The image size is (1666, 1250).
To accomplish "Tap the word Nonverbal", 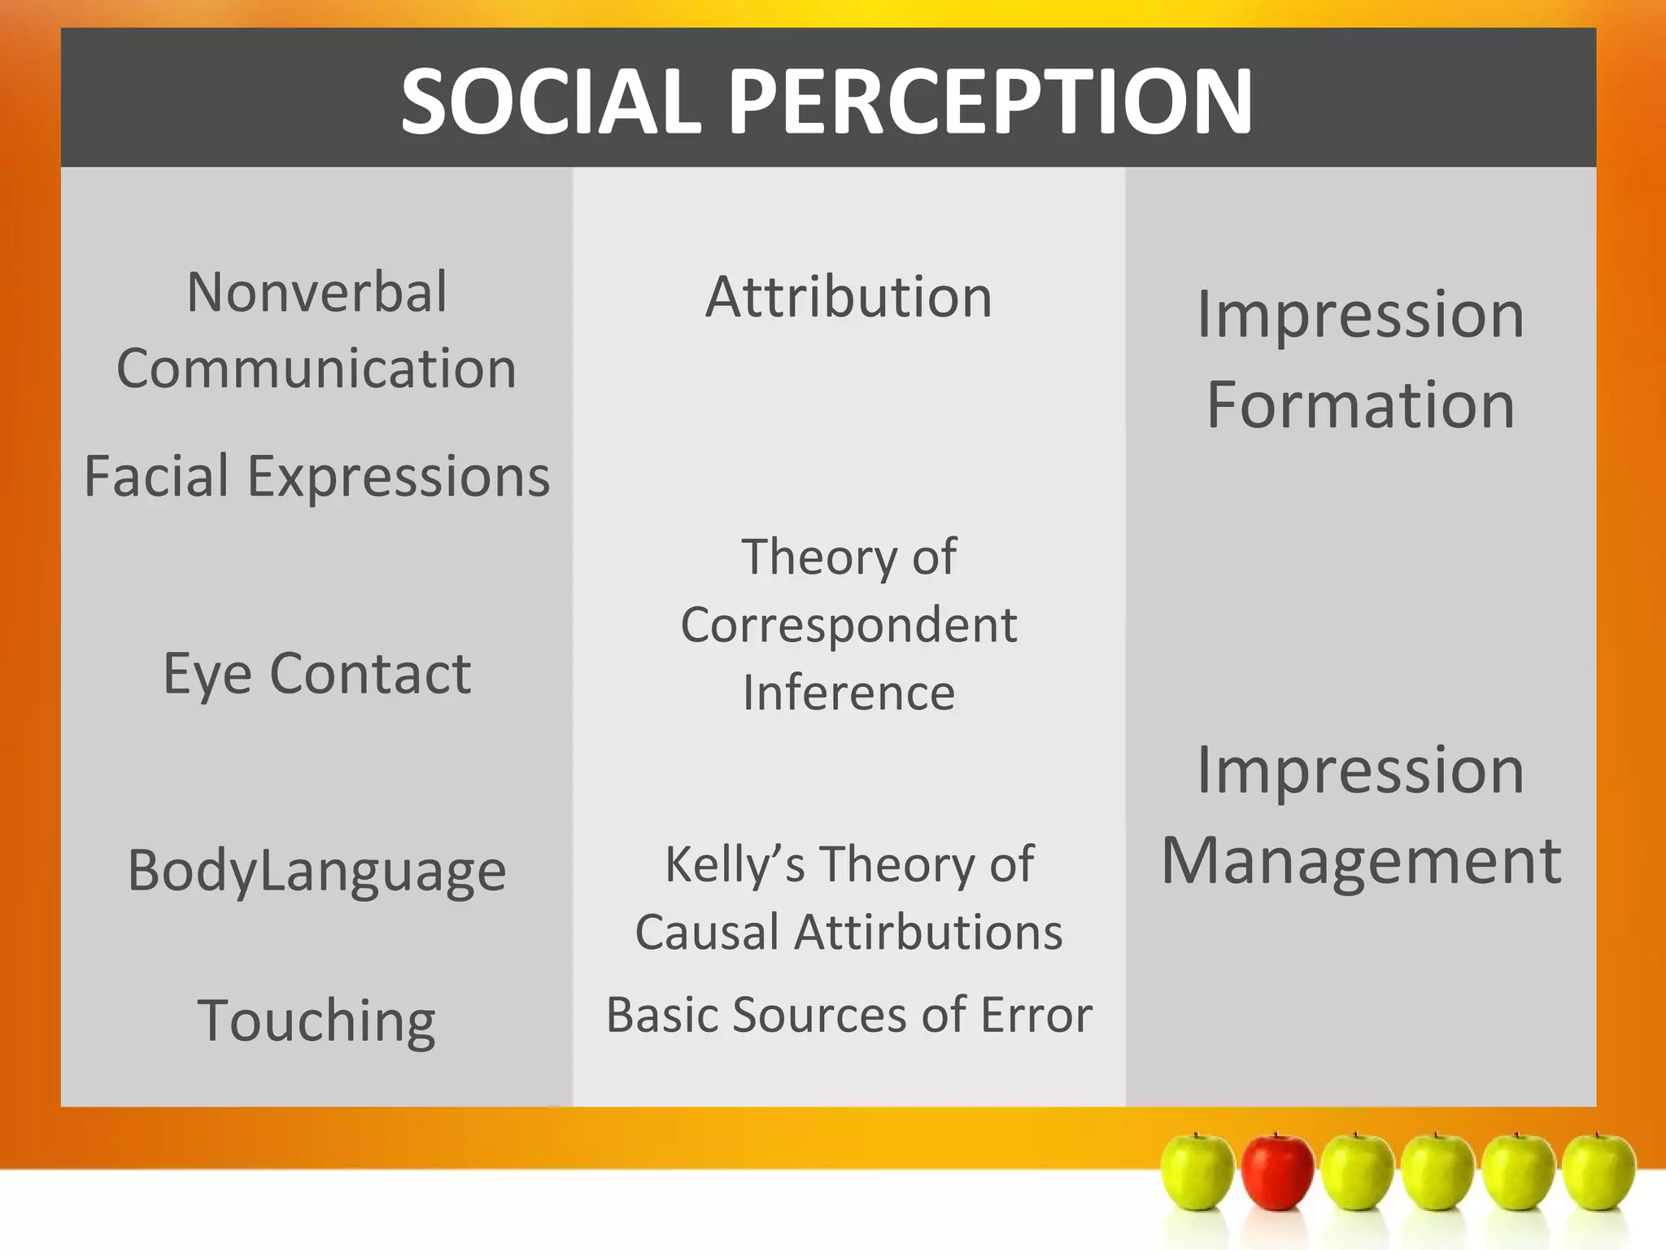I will (x=316, y=291).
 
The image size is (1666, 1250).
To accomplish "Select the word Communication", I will (x=316, y=369).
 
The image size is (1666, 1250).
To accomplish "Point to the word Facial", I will (x=157, y=476).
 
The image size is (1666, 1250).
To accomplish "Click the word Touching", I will (x=316, y=1021).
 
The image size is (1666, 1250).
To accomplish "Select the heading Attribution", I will (x=848, y=297).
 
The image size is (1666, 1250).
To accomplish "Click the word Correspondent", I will (x=848, y=626).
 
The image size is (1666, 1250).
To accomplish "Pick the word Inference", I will (x=848, y=693).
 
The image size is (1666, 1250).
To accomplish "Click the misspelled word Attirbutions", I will (x=928, y=933).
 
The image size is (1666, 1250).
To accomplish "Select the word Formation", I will (x=1360, y=404).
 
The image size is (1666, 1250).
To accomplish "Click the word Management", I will (x=1360, y=860).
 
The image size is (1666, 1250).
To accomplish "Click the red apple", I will (x=1276, y=1171).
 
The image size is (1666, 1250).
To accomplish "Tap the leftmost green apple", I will (x=1197, y=1171).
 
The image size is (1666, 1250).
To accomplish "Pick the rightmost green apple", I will (x=1598, y=1171).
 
